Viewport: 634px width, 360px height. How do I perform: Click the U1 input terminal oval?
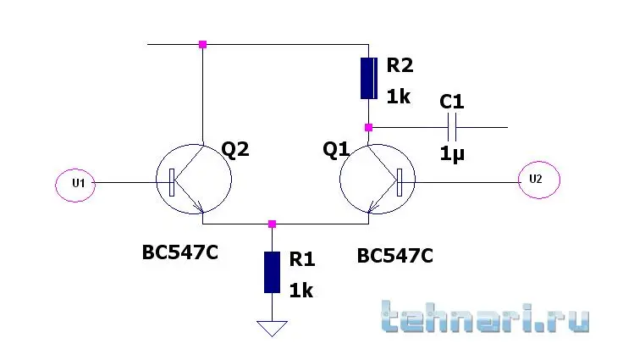56,186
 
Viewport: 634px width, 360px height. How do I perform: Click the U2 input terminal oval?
519,180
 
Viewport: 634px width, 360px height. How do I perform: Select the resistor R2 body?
369,78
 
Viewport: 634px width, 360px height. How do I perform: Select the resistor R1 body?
272,272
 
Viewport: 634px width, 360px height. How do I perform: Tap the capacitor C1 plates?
452,127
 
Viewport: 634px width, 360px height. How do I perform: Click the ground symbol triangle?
272,328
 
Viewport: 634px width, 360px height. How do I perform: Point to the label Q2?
235,149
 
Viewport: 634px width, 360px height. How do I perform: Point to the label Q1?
336,149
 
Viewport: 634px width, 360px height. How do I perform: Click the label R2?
400,64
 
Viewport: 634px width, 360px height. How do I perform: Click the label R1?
302,259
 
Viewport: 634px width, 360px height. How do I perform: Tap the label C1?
452,102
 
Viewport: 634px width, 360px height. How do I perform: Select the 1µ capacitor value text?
452,154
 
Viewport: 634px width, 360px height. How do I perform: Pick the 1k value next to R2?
399,97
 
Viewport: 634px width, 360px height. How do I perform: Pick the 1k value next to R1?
300,291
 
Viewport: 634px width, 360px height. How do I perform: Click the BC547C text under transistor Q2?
180,252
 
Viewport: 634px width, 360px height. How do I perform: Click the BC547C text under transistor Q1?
395,256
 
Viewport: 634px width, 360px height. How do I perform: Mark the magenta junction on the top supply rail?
203,45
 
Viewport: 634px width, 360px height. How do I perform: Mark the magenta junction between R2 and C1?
369,128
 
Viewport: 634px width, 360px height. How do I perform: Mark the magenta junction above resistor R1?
272,224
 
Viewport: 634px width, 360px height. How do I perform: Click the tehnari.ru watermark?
485,317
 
